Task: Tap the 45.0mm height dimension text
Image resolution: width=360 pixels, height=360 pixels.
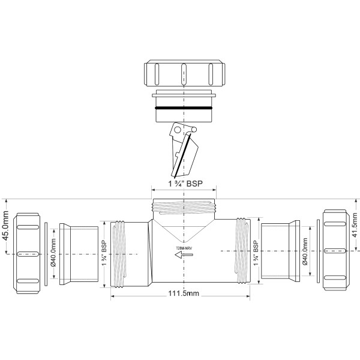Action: coord(7,225)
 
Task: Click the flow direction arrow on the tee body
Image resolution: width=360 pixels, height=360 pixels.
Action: coord(183,255)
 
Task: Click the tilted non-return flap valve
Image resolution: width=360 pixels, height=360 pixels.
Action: coord(185,150)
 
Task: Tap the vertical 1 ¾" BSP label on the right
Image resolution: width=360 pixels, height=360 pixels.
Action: coord(256,253)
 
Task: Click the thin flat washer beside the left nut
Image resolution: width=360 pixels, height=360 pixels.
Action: coord(46,253)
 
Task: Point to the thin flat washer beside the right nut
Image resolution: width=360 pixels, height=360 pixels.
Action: coord(317,253)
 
